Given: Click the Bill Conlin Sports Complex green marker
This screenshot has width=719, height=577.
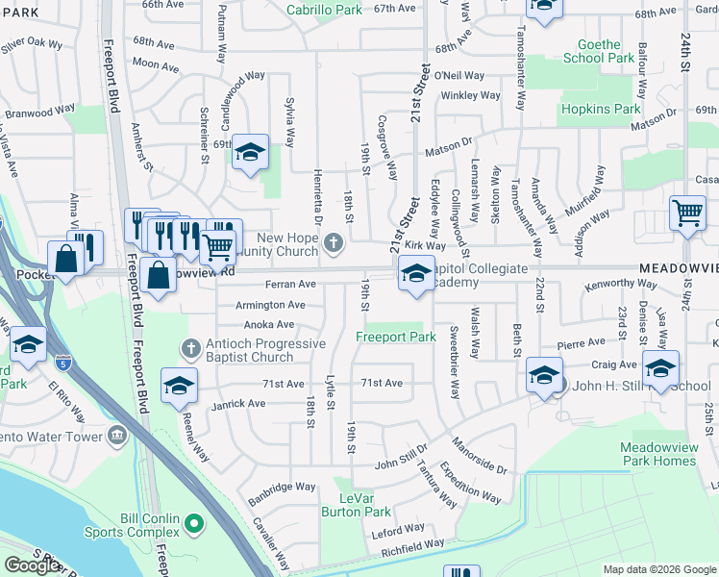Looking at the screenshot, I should point(194,524).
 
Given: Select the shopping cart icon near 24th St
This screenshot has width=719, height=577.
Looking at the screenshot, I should point(687,213).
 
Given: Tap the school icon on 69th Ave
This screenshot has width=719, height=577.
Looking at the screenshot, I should point(250,152).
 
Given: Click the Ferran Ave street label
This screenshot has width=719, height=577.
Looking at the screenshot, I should point(291,285).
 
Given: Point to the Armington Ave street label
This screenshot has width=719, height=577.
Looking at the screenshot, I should point(270,305).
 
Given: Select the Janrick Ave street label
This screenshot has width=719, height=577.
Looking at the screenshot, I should point(238,404).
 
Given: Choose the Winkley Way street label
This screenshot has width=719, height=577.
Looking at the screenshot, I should point(471,95).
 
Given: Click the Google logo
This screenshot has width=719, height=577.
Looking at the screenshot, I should point(32,565).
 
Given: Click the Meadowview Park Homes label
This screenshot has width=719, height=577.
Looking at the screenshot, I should point(657,454).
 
